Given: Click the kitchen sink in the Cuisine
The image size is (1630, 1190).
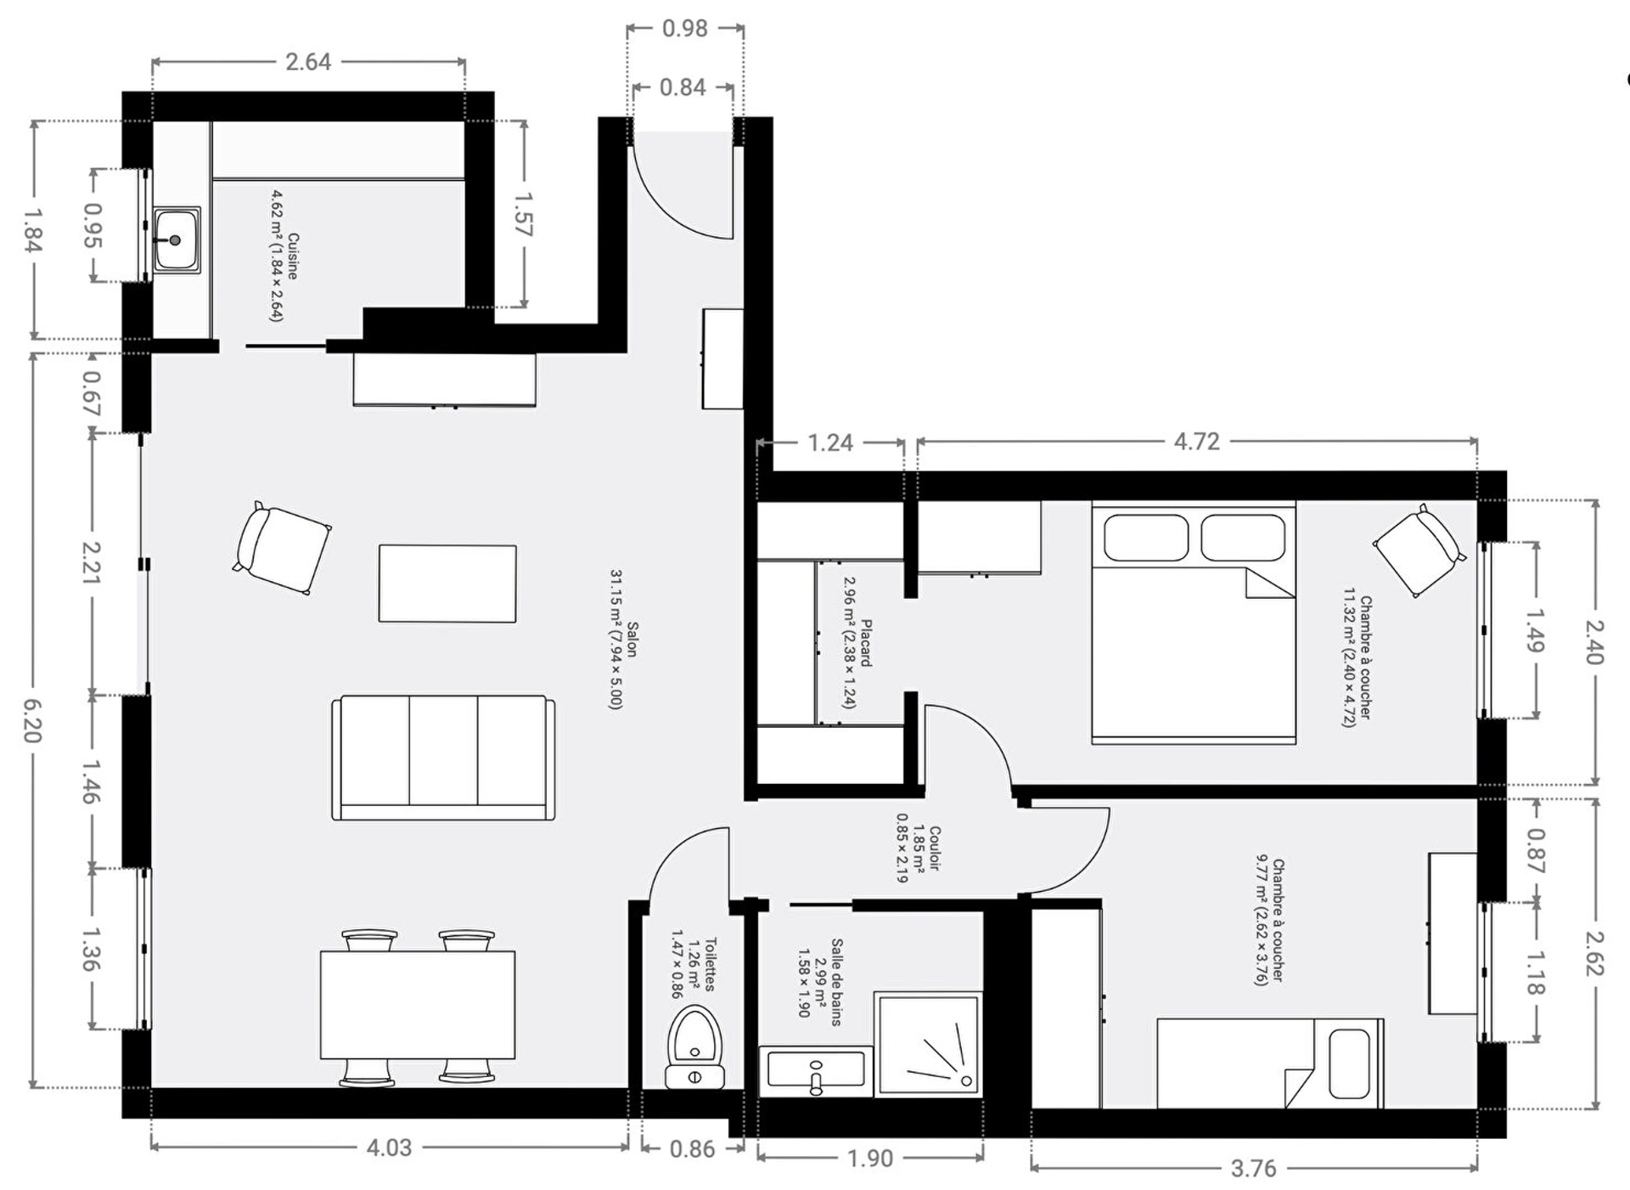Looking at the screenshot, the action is (177, 240).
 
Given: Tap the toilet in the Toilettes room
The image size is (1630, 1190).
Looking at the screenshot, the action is (694, 1047).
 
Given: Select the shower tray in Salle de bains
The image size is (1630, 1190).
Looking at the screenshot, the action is (928, 1043).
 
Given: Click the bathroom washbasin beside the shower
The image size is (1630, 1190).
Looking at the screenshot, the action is (816, 1069).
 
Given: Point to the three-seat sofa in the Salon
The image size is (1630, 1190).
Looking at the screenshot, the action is (443, 758).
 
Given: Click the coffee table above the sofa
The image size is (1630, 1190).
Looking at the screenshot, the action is (447, 584).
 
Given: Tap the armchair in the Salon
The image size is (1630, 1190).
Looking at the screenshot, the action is (282, 548).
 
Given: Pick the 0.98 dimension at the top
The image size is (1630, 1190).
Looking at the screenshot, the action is (685, 29).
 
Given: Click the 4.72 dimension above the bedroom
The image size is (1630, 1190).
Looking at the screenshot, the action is (1196, 442).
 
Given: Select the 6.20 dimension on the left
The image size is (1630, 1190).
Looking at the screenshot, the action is (31, 720).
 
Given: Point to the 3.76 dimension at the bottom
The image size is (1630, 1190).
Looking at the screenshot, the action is (1254, 1169).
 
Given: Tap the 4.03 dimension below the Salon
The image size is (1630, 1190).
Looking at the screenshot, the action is (389, 1148).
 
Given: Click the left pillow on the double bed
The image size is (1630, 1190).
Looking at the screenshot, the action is (1145, 538).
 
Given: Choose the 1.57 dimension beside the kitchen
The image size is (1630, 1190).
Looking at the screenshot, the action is (523, 214).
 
